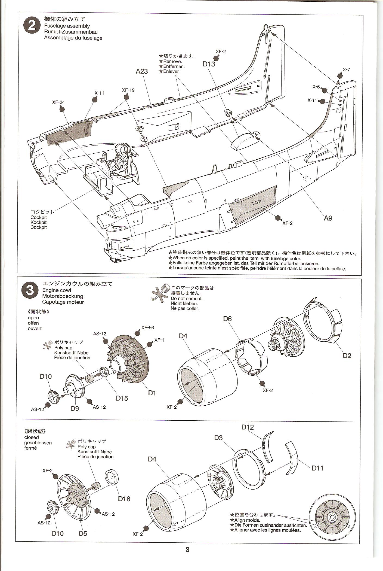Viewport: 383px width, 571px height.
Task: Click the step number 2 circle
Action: point(32,26)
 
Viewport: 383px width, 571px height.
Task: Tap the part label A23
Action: point(142,71)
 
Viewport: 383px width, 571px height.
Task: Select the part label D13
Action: point(209,64)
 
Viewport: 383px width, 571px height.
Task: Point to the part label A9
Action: point(328,218)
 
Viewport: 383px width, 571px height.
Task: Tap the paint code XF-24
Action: point(58,102)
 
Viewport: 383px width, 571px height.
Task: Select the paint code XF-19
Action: point(128,90)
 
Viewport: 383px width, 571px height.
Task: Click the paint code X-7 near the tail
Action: point(346,70)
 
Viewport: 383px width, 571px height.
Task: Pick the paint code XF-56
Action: point(147,328)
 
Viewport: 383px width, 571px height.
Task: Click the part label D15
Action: point(122,398)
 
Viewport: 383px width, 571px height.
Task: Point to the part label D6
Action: point(227,318)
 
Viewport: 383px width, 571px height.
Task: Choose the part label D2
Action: point(347,356)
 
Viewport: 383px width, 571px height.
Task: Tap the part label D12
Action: point(247,427)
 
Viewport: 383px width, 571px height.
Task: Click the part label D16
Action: point(124,499)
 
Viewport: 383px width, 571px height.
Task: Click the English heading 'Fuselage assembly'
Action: point(67,26)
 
